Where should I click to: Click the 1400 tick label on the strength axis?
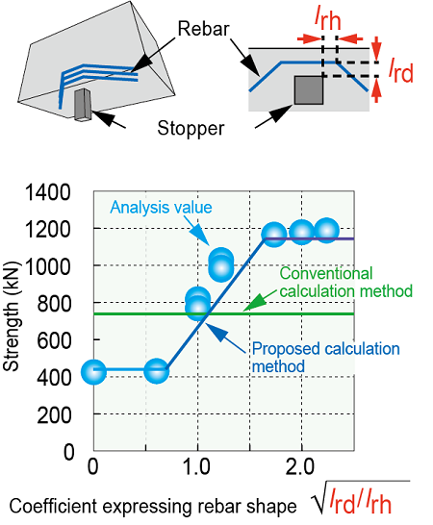click(x=48, y=193)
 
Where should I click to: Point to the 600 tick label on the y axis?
click(x=54, y=341)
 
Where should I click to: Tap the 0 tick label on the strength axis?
click(x=68, y=452)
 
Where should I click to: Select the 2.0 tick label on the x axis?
click(x=300, y=467)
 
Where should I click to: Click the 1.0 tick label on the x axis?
click(x=197, y=467)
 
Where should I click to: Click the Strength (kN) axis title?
click(x=11, y=316)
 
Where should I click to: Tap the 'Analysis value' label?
click(x=162, y=208)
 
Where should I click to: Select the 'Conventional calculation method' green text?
click(x=345, y=283)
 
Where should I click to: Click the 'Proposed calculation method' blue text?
click(x=326, y=358)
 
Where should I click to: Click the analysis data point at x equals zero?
click(x=94, y=372)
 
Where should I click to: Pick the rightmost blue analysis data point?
click(x=326, y=231)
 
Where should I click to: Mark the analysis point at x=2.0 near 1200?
click(x=302, y=232)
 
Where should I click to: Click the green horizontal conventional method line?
click(x=224, y=313)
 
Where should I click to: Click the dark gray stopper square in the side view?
click(x=309, y=90)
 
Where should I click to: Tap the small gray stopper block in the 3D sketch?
click(x=83, y=105)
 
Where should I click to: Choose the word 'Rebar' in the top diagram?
click(x=203, y=29)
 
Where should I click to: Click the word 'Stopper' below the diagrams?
click(x=191, y=128)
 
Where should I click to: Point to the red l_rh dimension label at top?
click(x=327, y=19)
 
